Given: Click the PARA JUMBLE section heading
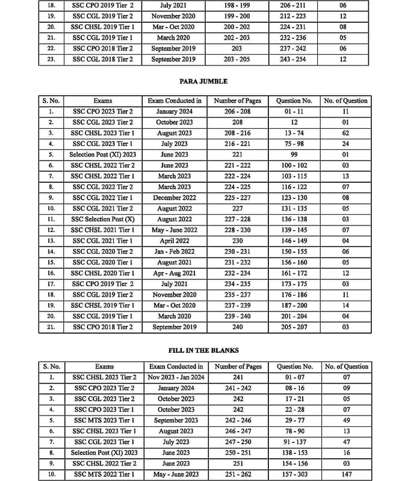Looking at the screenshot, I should tap(203, 81).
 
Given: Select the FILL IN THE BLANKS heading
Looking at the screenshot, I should tap(203, 350).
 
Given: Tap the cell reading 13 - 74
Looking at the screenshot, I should tap(294, 133).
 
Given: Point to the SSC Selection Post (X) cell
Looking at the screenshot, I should tap(103, 219).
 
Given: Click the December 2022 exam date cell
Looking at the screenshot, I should tap(175, 198).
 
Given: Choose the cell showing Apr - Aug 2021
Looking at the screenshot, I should tap(175, 274).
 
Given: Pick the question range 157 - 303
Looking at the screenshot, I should tap(294, 474).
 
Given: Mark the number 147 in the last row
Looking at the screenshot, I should tap(346, 474).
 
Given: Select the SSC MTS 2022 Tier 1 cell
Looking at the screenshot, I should tap(104, 474).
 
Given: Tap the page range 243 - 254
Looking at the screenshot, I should tap(293, 60).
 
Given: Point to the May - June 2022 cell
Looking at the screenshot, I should tap(175, 230).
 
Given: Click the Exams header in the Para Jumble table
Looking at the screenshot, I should tap(103, 100).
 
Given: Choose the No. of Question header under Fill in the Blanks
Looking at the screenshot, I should tap(346, 366).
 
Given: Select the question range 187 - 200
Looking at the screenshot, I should tap(294, 305).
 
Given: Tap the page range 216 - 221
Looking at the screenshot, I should tap(238, 144).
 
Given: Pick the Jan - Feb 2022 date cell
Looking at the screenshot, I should tap(175, 252).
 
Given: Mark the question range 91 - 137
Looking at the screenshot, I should tap(294, 442).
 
